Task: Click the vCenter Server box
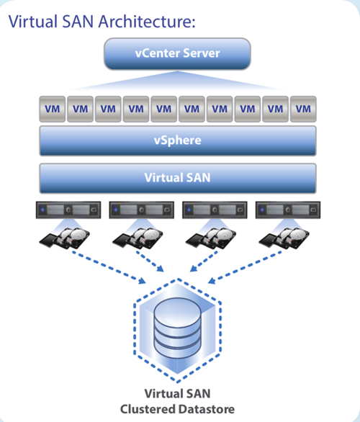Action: tap(177, 53)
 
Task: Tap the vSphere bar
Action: tap(178, 140)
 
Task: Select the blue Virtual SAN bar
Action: tap(178, 178)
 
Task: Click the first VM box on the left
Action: tap(53, 109)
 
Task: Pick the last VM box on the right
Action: tap(303, 109)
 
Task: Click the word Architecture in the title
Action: tap(147, 22)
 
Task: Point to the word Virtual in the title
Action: tap(33, 22)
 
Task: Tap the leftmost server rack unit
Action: tap(68, 210)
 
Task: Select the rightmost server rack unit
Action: tap(288, 210)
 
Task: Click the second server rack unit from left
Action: tap(142, 210)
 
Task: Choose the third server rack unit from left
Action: tap(215, 210)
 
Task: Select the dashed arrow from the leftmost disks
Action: tap(109, 267)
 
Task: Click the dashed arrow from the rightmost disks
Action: tap(245, 267)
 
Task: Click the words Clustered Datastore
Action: tap(177, 409)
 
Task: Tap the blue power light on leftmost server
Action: tap(42, 210)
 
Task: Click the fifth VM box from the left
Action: tap(164, 109)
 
